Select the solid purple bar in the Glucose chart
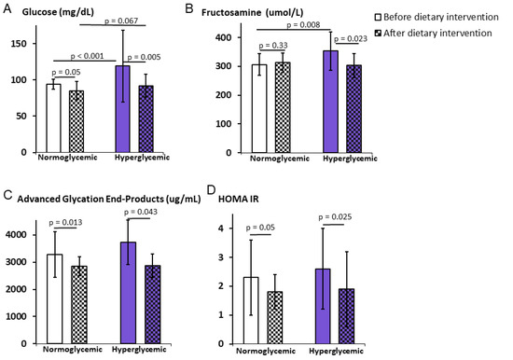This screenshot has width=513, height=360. coord(123,109)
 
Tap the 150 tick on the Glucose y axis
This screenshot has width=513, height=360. coord(20,44)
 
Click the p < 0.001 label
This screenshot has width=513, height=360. coord(87,56)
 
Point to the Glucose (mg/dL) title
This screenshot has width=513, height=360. coord(58,12)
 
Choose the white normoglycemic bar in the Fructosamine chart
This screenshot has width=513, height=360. coord(259,109)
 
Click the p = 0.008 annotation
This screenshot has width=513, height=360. coord(303,25)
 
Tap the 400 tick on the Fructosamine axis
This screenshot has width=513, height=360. coord(224,37)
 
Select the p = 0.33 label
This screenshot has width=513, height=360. coord(273,46)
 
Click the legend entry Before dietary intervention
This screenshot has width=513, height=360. coord(437,17)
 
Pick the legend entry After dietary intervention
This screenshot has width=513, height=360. coord(433,33)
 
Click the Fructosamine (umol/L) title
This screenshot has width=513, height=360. coord(252,13)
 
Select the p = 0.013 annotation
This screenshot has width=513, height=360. coord(65,223)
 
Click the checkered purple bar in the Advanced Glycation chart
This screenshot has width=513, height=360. coord(153,304)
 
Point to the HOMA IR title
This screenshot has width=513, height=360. coord(238,199)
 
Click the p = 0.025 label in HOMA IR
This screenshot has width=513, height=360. coord(335,217)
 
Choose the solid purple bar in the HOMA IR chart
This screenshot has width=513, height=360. coord(323,306)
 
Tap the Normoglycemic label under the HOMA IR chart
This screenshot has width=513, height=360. coord(266,352)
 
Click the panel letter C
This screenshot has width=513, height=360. coord(7,194)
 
